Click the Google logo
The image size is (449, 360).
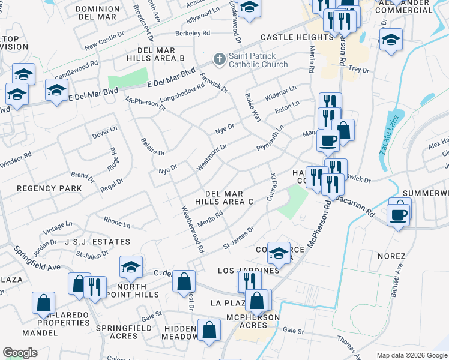click(x=20, y=352)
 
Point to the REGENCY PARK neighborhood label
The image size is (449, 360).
click(x=41, y=188)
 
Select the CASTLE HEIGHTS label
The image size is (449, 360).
click(x=289, y=37)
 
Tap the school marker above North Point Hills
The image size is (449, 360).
click(x=131, y=267)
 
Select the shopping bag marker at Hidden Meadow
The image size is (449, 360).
click(x=209, y=329)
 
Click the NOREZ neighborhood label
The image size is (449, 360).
click(x=392, y=256)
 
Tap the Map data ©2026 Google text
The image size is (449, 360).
click(x=411, y=355)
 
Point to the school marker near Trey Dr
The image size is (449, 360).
click(x=391, y=40)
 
